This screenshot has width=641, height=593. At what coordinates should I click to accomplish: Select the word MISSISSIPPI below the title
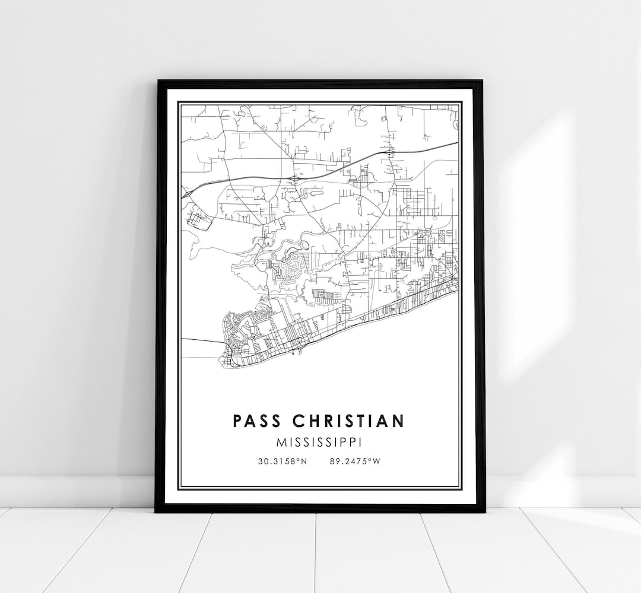coord(319,442)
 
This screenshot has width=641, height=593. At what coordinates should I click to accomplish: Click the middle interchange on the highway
coord(295,178)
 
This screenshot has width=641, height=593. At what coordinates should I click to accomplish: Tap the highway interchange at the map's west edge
coord(188,194)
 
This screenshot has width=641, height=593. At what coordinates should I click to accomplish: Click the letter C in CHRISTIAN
coord(300,421)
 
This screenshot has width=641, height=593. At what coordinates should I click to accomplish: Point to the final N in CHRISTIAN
coord(399,421)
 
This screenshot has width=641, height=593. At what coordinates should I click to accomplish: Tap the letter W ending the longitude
coord(376,460)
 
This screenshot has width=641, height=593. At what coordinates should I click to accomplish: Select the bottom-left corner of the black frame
coord(156,511)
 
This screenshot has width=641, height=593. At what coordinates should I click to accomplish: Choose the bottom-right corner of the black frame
coord(485,511)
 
